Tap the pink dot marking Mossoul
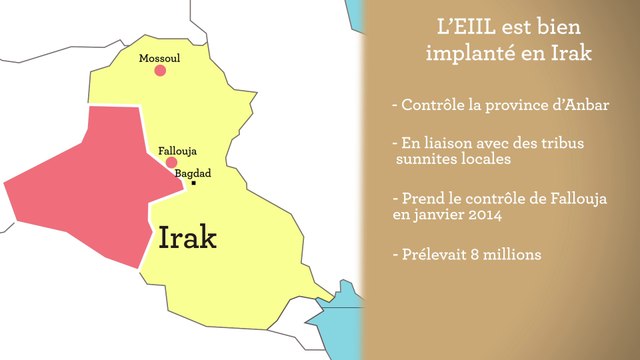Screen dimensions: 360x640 [x=160, y=72]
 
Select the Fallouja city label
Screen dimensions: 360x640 [x=175, y=151]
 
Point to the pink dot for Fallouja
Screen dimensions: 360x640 [x=172, y=162]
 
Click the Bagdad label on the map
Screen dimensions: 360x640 [x=193, y=173]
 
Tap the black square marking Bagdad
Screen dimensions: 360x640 [x=195, y=183]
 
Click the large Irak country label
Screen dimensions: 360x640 [x=188, y=238]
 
